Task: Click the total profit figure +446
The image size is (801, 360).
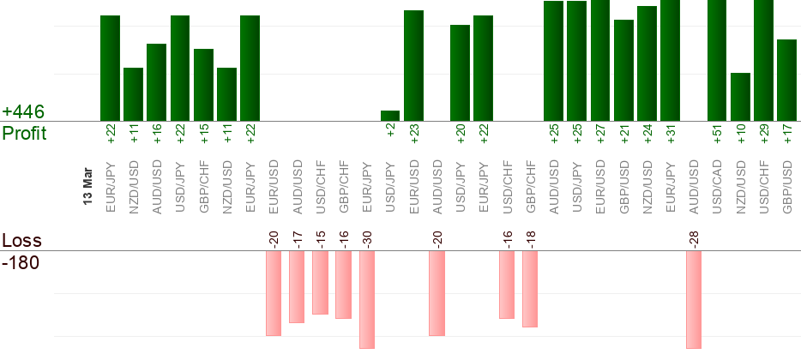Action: point(23,112)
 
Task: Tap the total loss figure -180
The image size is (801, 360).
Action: point(21,262)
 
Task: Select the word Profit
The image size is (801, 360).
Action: point(24,134)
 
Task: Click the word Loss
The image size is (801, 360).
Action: point(21,241)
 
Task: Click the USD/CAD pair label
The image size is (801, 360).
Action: point(717,184)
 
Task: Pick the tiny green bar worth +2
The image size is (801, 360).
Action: point(390,116)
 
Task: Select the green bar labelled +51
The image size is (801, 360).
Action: point(717,60)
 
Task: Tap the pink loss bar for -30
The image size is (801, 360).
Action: point(367,299)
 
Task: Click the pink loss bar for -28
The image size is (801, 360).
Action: point(694,299)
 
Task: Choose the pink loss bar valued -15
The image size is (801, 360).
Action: point(320,282)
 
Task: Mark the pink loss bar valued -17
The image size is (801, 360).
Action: point(297,286)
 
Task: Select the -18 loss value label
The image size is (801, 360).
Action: point(530,238)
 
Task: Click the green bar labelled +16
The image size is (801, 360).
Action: point(156,82)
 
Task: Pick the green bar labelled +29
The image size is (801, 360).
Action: point(763,60)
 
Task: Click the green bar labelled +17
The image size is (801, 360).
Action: point(786,80)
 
